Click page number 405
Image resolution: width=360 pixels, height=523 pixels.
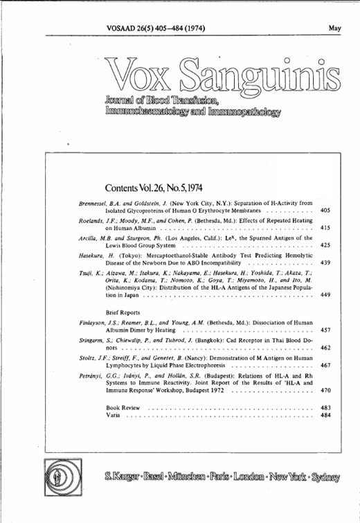pos(325,209)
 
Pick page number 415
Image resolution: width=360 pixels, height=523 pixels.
pos(325,227)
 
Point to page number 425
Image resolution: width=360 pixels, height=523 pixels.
pos(325,245)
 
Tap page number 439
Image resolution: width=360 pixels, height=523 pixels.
pos(325,263)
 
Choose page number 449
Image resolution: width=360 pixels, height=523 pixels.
pos(325,296)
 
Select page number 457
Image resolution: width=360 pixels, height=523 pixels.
pos(325,330)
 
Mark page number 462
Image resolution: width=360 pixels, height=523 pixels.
pos(325,348)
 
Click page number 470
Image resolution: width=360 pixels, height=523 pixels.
pos(325,391)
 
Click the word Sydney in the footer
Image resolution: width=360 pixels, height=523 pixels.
pos(322,477)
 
